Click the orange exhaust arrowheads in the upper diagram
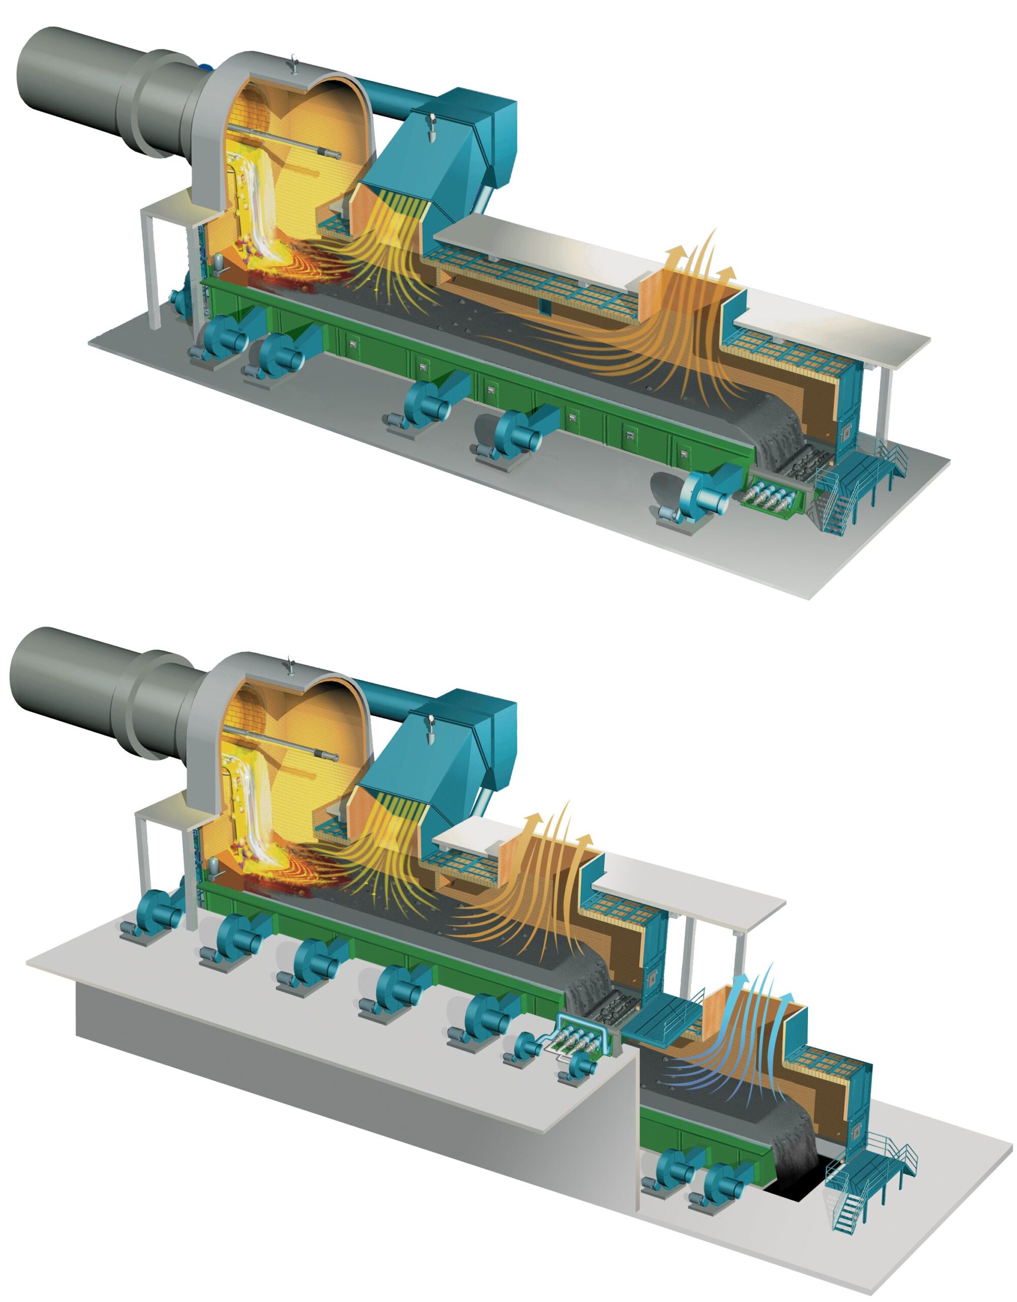(x=700, y=253)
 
